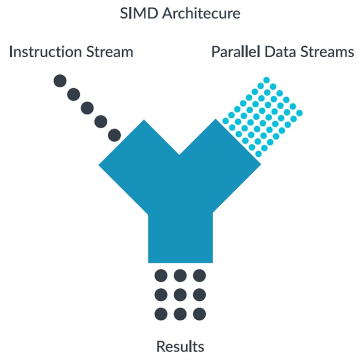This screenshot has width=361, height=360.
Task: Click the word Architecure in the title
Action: pyautogui.click(x=201, y=13)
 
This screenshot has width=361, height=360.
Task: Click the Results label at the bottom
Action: pyautogui.click(x=180, y=346)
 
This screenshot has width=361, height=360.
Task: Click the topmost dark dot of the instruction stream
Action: pyautogui.click(x=60, y=80)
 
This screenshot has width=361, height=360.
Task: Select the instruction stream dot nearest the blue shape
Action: pyautogui.click(x=114, y=135)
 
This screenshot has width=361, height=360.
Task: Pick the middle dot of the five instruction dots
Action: pyautogui.click(x=87, y=108)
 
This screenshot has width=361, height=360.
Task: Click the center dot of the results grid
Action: pyautogui.click(x=180, y=294)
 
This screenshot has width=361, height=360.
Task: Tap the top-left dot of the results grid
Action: pyautogui.click(x=161, y=275)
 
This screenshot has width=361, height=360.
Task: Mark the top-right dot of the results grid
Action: pyautogui.click(x=199, y=275)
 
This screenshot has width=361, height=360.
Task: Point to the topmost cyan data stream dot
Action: pyautogui.click(x=267, y=80)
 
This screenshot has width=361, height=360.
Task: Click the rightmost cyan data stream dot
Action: pyautogui.click(x=299, y=112)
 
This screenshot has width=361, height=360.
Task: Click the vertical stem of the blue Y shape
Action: pyautogui.click(x=180, y=237)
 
